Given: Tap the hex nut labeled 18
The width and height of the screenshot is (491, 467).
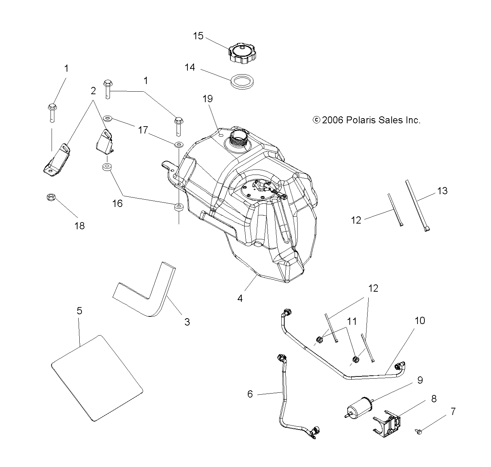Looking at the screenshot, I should tap(51, 198).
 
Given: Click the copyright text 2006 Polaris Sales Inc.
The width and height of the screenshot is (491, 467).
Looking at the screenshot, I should tap(367, 120).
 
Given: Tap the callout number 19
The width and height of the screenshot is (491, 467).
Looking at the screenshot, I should tap(208, 99).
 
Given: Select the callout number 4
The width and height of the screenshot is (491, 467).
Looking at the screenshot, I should tap(240, 299).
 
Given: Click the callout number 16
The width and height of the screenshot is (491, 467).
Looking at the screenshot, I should tap(118, 203).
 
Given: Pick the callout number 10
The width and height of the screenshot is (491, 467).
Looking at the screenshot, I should tap(420, 321).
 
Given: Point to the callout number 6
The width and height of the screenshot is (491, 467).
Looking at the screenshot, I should tap(250, 394).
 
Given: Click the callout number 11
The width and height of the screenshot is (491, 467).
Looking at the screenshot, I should tap(352, 321).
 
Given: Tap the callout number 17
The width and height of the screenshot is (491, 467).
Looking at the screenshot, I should tap(143, 129).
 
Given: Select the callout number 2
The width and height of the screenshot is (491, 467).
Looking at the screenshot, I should tap(93, 91).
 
